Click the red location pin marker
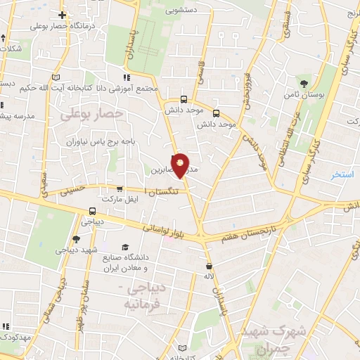181,165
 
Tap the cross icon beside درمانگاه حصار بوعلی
63,14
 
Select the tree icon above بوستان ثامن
304,82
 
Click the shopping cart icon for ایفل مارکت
120,190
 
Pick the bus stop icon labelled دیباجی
93,211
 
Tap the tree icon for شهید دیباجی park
76,240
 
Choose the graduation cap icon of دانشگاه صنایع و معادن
125,247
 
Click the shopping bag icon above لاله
210,266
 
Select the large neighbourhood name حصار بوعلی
92,113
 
